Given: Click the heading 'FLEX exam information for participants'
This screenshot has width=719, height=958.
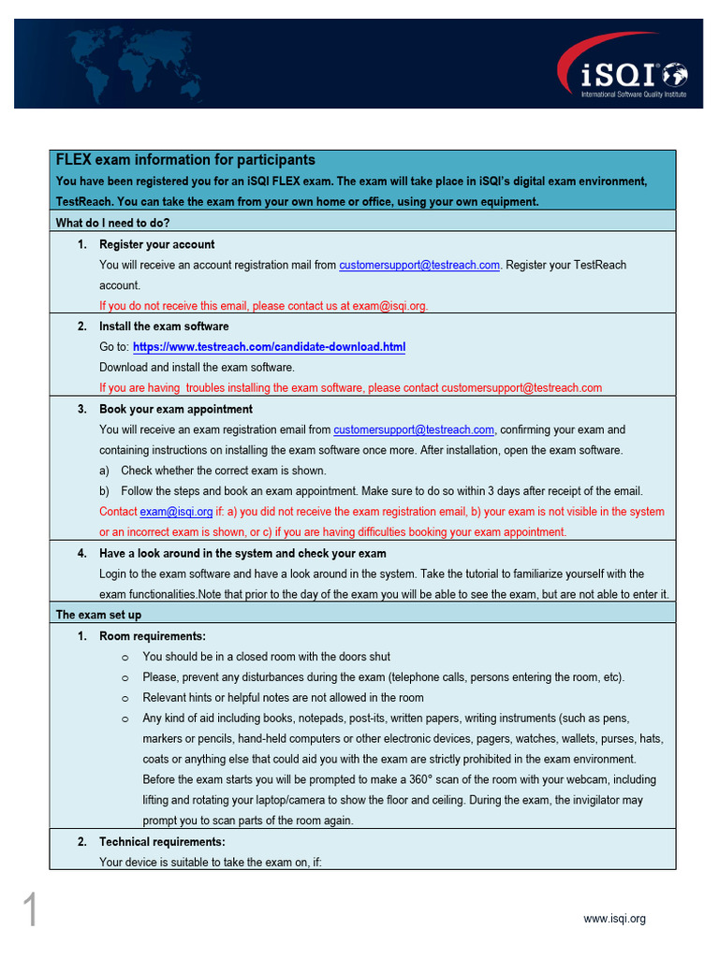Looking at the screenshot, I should tap(185, 160).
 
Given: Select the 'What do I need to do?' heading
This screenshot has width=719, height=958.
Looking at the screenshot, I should tap(112, 223).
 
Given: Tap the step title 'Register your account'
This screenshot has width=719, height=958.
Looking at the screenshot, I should tap(156, 244).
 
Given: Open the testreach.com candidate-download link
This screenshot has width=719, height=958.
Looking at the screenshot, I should tap(269, 347).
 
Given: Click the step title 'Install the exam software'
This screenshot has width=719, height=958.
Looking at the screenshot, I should tap(164, 327).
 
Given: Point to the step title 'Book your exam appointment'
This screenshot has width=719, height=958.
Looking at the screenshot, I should tap(176, 409).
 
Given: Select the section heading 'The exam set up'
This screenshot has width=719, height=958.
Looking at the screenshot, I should tap(98, 615).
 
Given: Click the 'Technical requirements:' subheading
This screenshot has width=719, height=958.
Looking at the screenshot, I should tap(162, 842).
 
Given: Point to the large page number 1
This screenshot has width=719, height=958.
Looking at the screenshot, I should tap(30, 910).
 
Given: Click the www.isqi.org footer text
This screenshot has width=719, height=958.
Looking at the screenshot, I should tap(614, 919).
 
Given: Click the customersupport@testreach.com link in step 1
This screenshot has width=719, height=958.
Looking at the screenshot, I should tap(419, 265).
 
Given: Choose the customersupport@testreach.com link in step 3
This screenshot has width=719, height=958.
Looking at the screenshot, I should tap(414, 429).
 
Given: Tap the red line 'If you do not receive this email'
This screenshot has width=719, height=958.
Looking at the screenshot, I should tap(264, 306).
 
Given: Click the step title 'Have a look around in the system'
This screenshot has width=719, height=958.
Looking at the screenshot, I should tap(242, 553).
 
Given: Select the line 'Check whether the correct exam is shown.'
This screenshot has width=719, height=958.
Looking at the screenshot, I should tap(223, 471).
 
